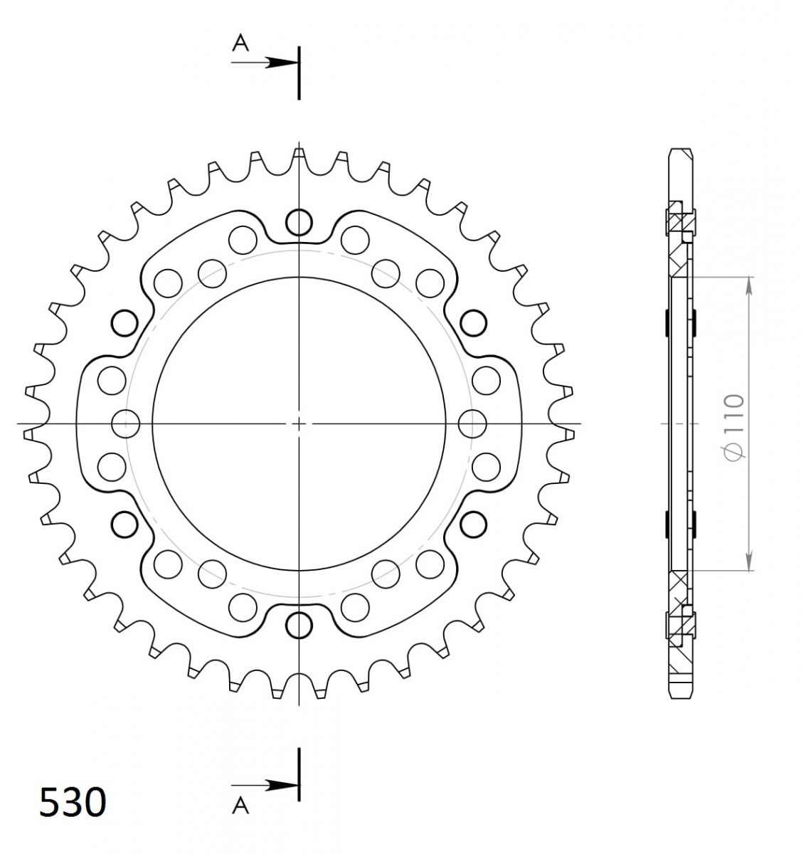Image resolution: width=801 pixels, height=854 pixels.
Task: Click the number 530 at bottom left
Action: [73, 802]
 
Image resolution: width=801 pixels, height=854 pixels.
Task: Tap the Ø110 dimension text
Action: [733, 426]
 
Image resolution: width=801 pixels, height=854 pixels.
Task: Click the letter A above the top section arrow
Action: [240, 43]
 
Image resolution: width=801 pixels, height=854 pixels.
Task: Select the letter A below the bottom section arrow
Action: [240, 806]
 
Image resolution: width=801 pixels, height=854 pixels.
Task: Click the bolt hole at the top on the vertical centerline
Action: [299, 222]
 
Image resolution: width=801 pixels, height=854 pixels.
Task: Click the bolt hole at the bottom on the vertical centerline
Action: [299, 626]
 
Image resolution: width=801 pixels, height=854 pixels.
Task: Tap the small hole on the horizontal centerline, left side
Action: [125, 424]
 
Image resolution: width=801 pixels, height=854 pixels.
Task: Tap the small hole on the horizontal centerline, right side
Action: [472, 424]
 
